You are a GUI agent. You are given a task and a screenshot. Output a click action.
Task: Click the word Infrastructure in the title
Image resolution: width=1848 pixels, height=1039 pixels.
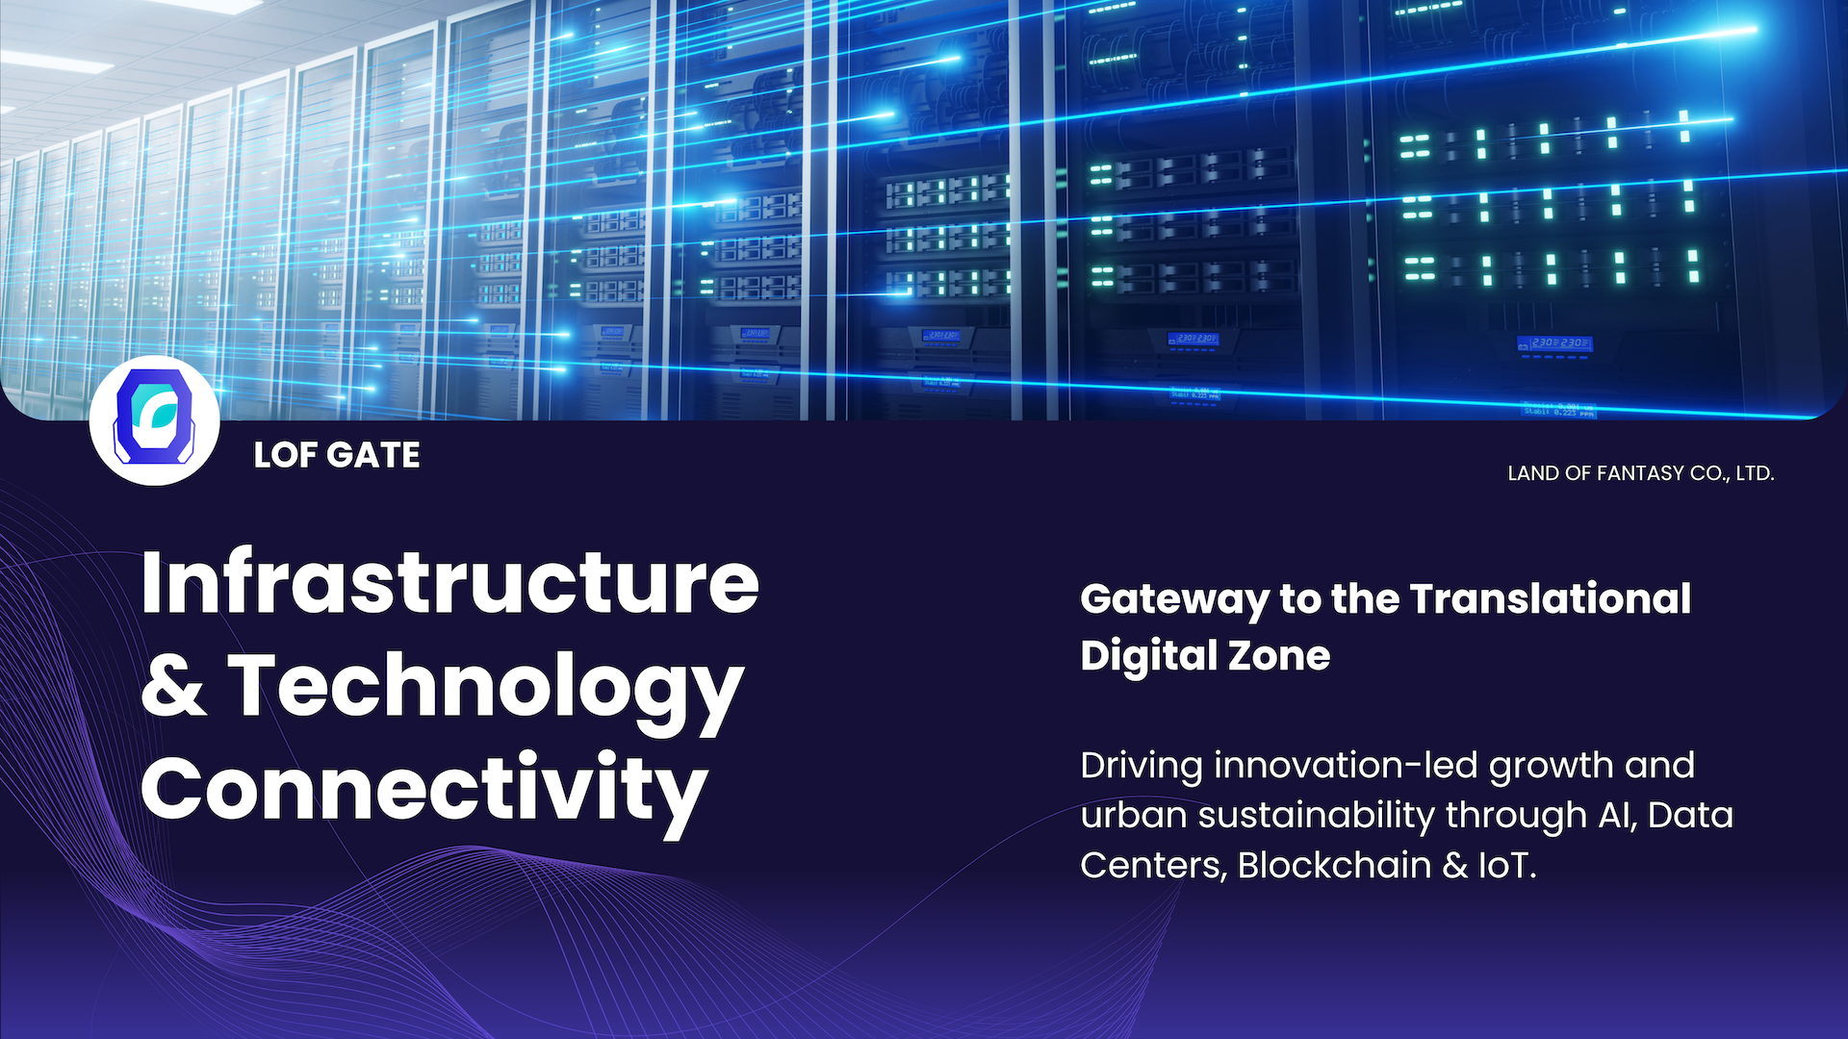(x=449, y=582)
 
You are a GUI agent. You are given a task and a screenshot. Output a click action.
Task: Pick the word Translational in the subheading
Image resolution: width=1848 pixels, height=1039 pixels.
(x=1551, y=598)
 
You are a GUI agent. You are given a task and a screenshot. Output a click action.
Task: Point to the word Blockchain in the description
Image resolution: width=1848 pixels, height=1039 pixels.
(x=1335, y=866)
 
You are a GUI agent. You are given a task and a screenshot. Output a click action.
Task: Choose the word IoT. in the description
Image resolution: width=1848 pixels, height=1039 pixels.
(x=1507, y=866)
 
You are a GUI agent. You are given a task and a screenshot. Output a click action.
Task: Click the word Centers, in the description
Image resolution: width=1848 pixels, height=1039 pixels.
(x=1154, y=867)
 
